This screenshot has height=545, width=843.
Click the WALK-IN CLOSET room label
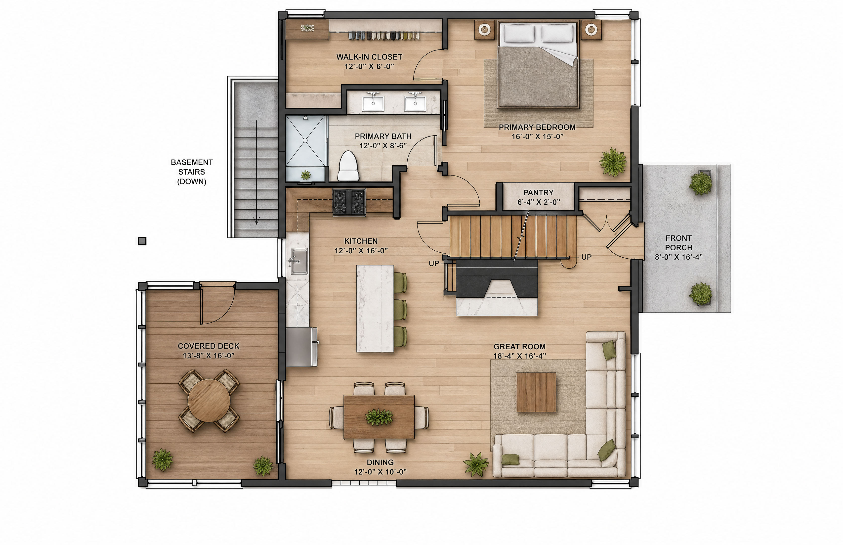pyautogui.click(x=369, y=57)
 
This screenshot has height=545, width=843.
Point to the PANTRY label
pyautogui.click(x=538, y=192)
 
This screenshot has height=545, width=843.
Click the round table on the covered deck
pyautogui.click(x=209, y=400)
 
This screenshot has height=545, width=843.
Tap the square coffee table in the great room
pyautogui.click(x=536, y=392)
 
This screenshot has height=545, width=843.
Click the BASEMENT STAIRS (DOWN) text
pyautogui.click(x=192, y=172)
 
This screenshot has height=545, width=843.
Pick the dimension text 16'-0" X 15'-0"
pyautogui.click(x=537, y=136)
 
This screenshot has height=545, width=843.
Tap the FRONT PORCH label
pyautogui.click(x=678, y=243)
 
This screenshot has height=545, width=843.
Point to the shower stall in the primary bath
pyautogui.click(x=305, y=148)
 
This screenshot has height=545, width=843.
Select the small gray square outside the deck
pyautogui.click(x=142, y=241)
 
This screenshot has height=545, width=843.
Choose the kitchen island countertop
pyautogui.click(x=375, y=309)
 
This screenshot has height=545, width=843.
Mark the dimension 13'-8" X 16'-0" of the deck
pyautogui.click(x=209, y=356)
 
